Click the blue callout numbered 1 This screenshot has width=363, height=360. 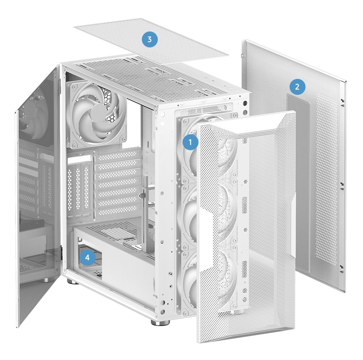click(x=191, y=142)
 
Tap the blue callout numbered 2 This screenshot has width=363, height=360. click(x=297, y=87)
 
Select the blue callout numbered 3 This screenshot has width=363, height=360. click(x=150, y=39)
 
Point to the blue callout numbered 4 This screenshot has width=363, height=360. click(x=87, y=258)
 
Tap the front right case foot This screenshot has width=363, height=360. click(x=160, y=323)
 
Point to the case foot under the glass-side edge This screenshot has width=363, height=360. click(x=71, y=282)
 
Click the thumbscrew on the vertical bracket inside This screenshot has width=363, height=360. click(x=141, y=196)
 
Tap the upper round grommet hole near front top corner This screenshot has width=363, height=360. click(x=245, y=103)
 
